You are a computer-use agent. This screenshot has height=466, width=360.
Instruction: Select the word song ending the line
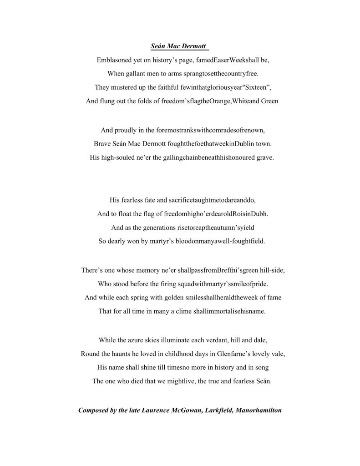[253, 367]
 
